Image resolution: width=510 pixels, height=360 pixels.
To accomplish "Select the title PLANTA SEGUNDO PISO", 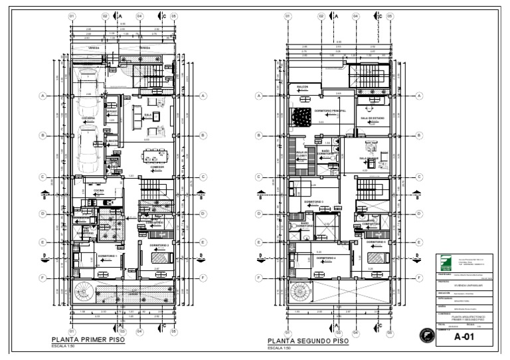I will pos(307,341).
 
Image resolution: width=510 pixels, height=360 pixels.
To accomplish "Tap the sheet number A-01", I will pos(466,337).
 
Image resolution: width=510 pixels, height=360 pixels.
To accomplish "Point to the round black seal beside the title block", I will pos(423,336).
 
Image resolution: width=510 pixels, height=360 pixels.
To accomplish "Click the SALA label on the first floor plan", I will pos(148,114).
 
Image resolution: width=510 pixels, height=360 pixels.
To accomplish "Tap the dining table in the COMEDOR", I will pos(157,155).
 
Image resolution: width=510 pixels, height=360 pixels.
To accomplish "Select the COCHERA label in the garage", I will pos(88,118).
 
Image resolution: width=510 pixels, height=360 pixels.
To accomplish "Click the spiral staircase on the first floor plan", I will pos(86,292).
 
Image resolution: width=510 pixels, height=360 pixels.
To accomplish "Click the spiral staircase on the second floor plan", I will pos(302,292).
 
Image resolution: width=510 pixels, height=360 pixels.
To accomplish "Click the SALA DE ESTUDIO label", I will pos(372,118).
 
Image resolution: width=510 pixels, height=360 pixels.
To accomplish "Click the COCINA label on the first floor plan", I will pos(98,190).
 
